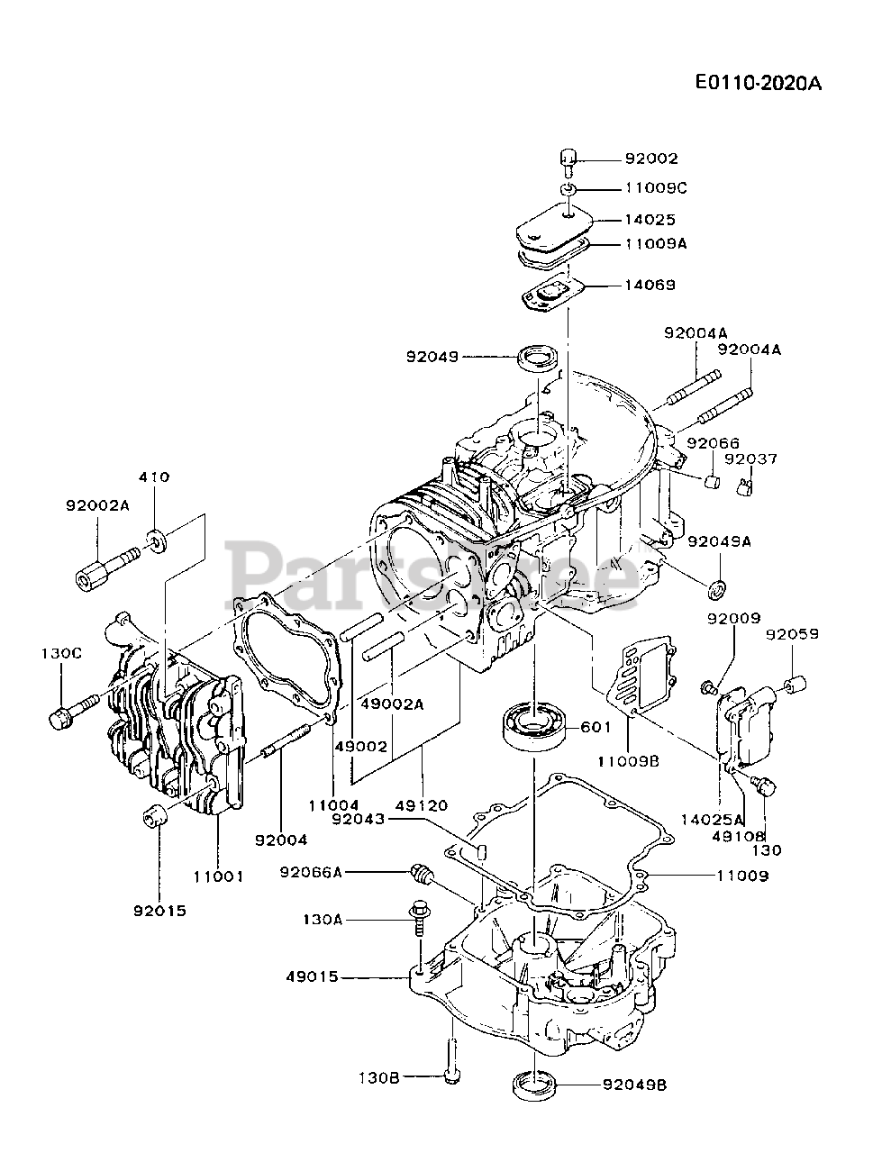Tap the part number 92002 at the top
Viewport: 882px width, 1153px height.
[651, 159]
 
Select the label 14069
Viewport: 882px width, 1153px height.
[651, 285]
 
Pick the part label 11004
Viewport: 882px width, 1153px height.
[332, 804]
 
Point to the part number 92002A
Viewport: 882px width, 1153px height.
[97, 506]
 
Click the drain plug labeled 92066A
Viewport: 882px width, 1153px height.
[421, 871]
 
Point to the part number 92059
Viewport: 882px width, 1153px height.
[793, 634]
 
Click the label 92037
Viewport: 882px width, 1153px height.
[750, 459]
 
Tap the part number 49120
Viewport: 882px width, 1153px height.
[423, 804]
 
